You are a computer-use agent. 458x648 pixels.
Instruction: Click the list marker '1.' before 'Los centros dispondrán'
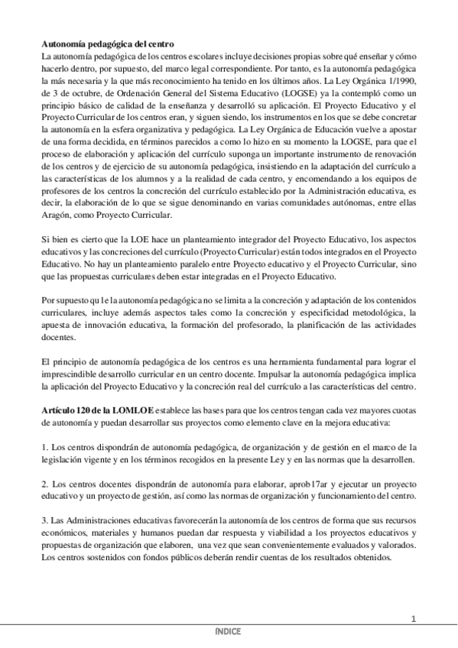click(x=44, y=447)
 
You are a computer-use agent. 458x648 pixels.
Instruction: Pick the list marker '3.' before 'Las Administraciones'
click(x=44, y=520)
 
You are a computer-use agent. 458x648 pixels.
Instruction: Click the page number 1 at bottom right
click(x=413, y=618)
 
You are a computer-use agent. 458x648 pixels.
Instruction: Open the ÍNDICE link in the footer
click(x=229, y=632)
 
